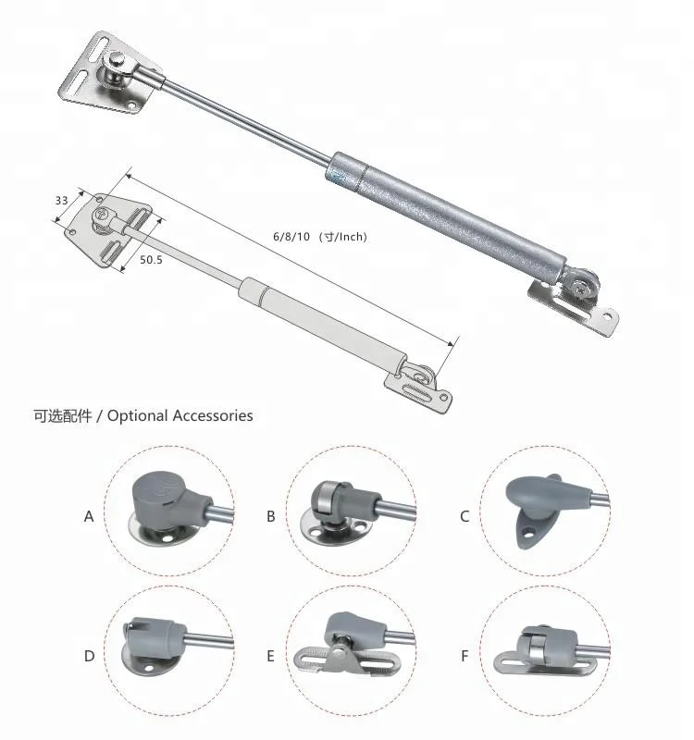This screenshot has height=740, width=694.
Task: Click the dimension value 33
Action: [62, 201]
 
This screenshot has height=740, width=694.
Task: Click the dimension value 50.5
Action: [151, 261]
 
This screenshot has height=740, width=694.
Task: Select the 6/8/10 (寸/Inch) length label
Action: [319, 237]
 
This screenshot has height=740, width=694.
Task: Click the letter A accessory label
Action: [89, 516]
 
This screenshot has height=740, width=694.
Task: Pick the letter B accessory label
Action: [271, 516]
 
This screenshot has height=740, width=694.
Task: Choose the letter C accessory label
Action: [465, 516]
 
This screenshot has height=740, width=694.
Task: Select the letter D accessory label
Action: [89, 656]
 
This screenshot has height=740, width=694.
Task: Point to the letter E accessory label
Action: [270, 656]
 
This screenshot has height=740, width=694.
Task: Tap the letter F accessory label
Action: [465, 656]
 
